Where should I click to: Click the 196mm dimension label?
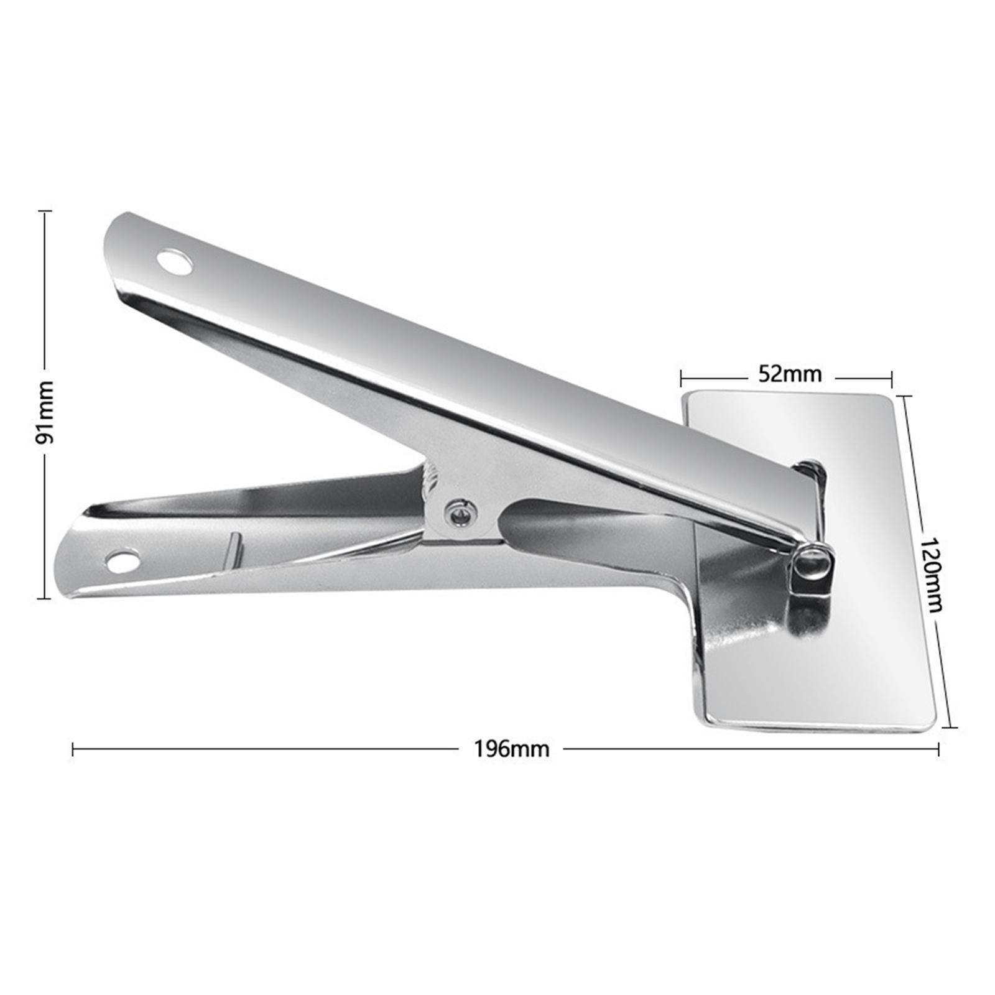pos(512,749)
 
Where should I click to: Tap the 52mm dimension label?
pos(790,374)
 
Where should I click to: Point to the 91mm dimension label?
pos(45,412)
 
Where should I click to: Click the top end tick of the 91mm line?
pos(45,212)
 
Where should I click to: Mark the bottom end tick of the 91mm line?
pos(45,598)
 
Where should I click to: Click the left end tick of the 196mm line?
pos(73,749)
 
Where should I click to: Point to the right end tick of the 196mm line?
pos(938,749)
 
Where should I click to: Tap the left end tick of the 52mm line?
pos(682,376)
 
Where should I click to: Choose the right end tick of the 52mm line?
pos(892,376)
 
